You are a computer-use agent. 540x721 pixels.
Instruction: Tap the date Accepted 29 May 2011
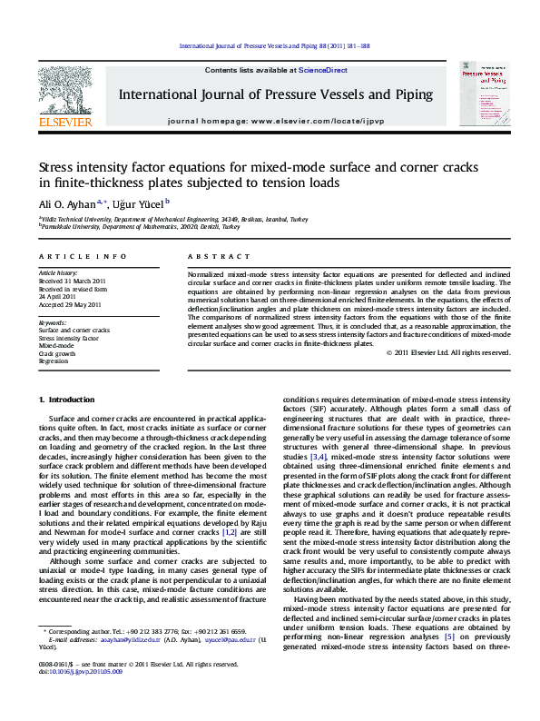click(x=73, y=304)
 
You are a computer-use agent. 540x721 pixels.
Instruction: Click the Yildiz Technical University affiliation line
click(x=172, y=220)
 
